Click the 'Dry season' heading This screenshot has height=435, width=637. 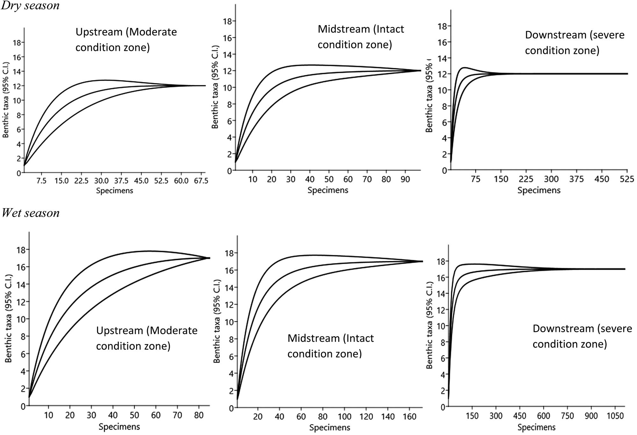point(30,5)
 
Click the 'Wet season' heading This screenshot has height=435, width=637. point(31,213)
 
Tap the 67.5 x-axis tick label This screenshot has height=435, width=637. point(201,181)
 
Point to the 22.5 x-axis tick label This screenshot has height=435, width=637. point(81,181)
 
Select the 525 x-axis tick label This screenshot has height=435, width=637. point(626,179)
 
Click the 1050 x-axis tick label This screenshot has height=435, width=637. point(615,416)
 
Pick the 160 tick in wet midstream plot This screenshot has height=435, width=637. point(410,417)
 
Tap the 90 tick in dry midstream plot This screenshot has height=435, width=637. point(405,180)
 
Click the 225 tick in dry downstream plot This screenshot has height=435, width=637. point(526,179)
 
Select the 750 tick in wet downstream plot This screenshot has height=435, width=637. point(567,416)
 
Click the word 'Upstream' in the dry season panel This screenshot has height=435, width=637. point(99,32)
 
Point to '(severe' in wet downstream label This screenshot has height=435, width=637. point(614,328)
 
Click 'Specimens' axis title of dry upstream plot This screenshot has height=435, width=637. point(114,191)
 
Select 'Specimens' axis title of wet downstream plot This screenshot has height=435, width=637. point(536,427)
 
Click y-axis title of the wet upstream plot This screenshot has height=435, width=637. point(9,318)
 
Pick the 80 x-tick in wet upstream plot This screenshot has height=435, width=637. point(199,415)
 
